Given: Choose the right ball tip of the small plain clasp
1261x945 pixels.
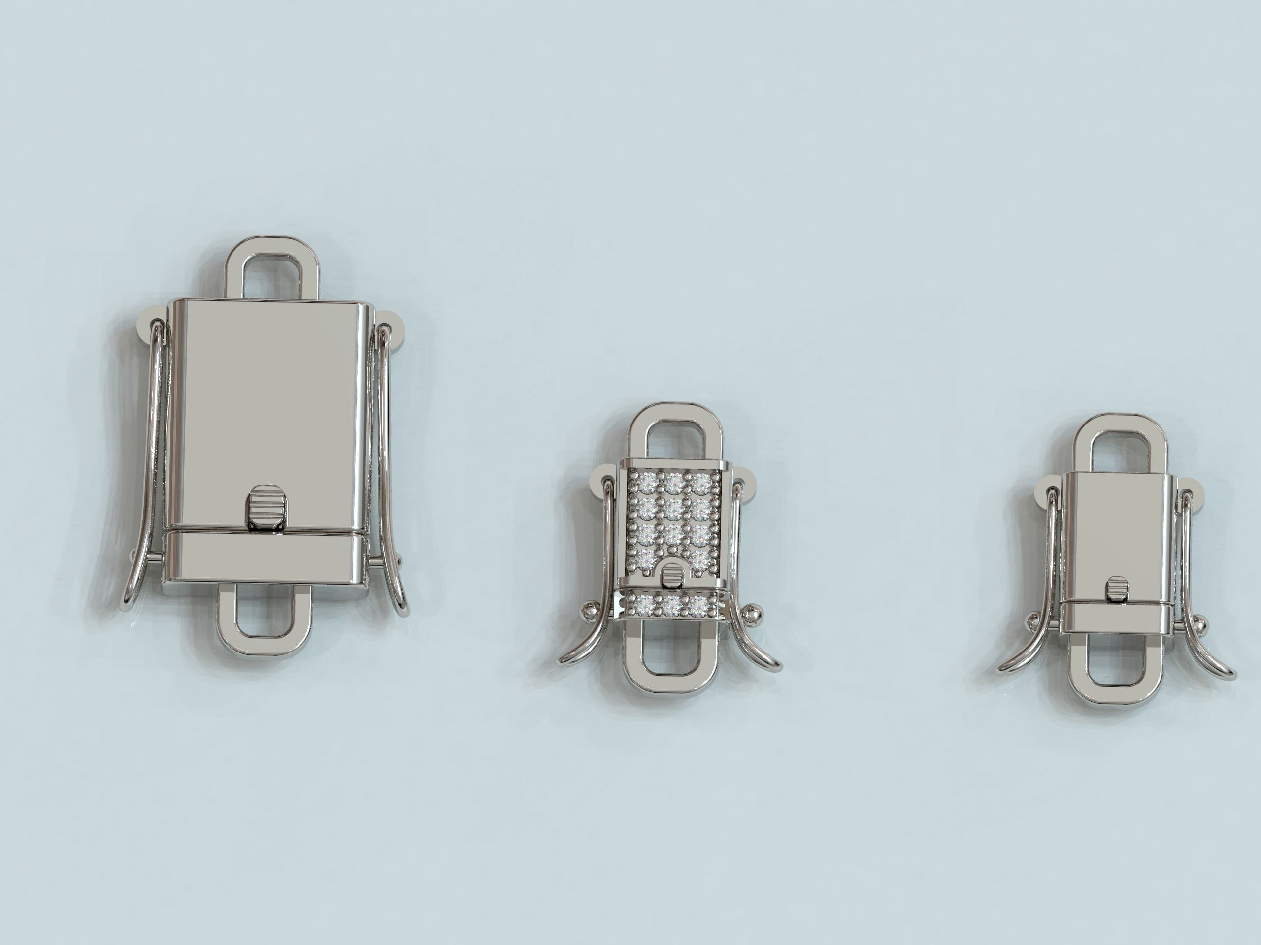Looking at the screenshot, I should coord(1184,620).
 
